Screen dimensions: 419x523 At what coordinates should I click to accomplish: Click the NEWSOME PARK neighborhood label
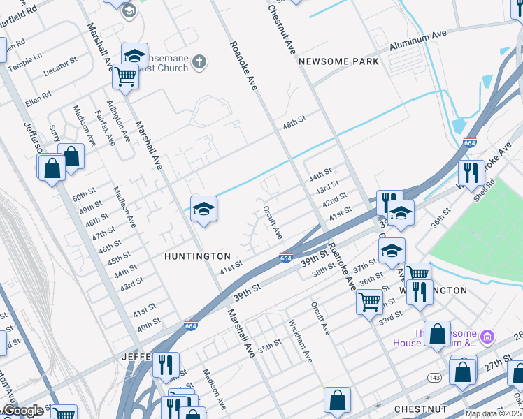[338, 61]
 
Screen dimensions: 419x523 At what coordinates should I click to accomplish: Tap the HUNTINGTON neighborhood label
[197, 256]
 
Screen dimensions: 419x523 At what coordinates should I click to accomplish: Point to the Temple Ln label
[24, 61]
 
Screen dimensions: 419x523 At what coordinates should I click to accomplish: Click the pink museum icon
[488, 338]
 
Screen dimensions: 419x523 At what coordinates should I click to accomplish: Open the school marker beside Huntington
[203, 209]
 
